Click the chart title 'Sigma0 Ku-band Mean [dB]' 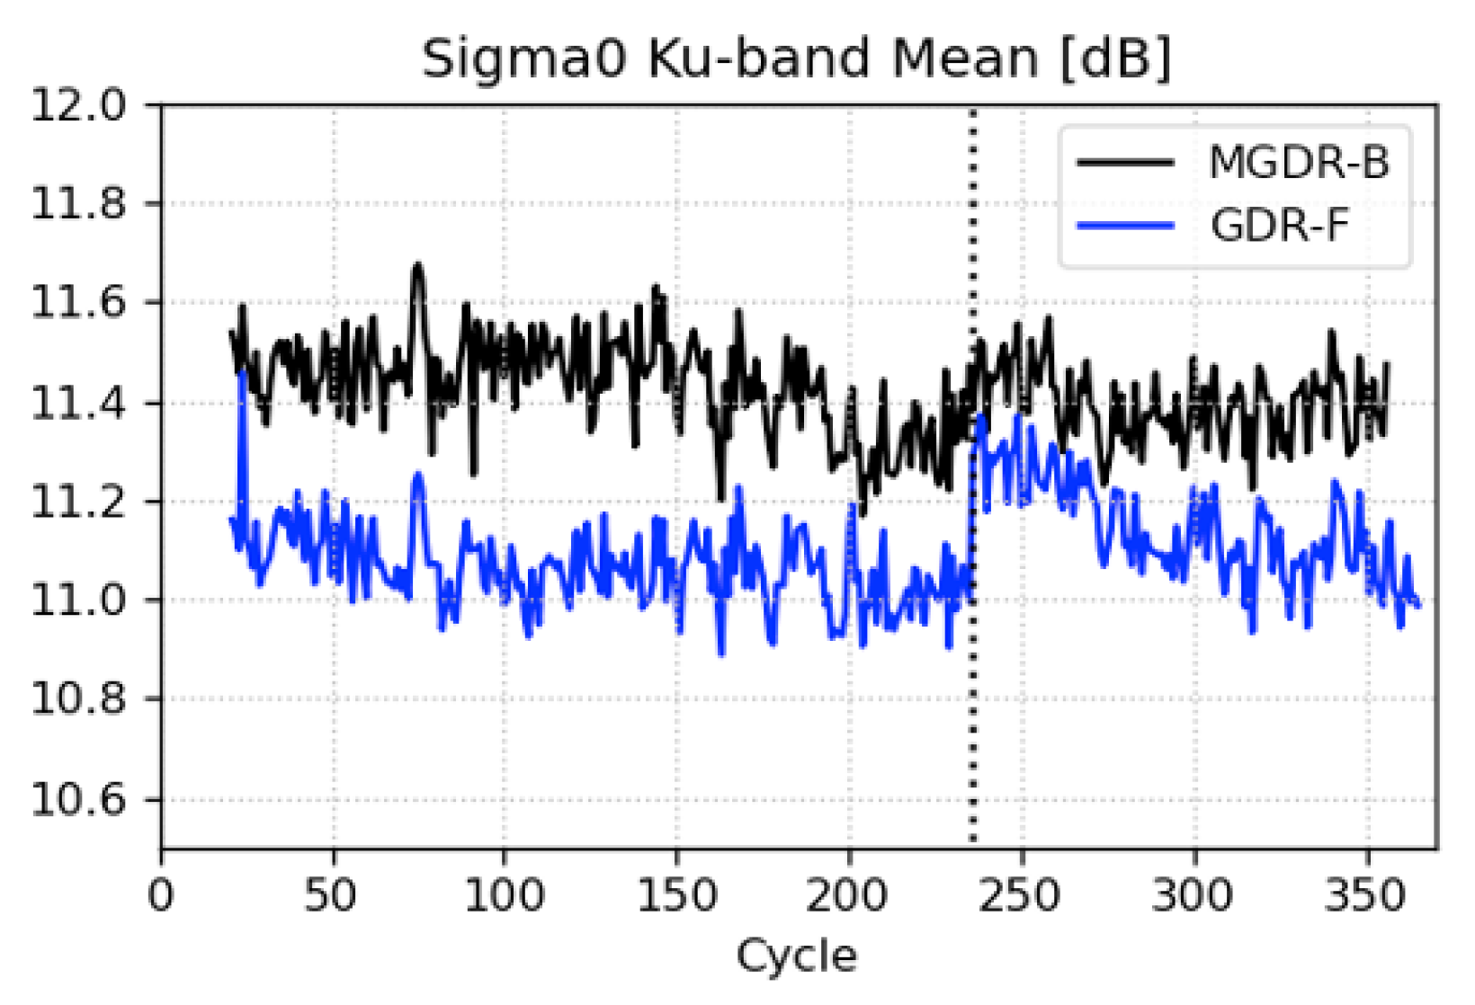click(797, 59)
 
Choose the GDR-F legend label click(1280, 225)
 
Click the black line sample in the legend click(1125, 163)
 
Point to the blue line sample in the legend click(1125, 225)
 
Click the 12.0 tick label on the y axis click(79, 106)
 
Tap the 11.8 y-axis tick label click(79, 204)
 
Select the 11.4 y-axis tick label click(79, 402)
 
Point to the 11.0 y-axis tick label click(79, 600)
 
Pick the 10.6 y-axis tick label click(79, 799)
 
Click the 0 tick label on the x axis click(161, 896)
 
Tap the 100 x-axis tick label click(505, 896)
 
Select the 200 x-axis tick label click(849, 896)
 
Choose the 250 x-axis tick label click(1021, 896)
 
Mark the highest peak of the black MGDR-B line click(417, 266)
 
